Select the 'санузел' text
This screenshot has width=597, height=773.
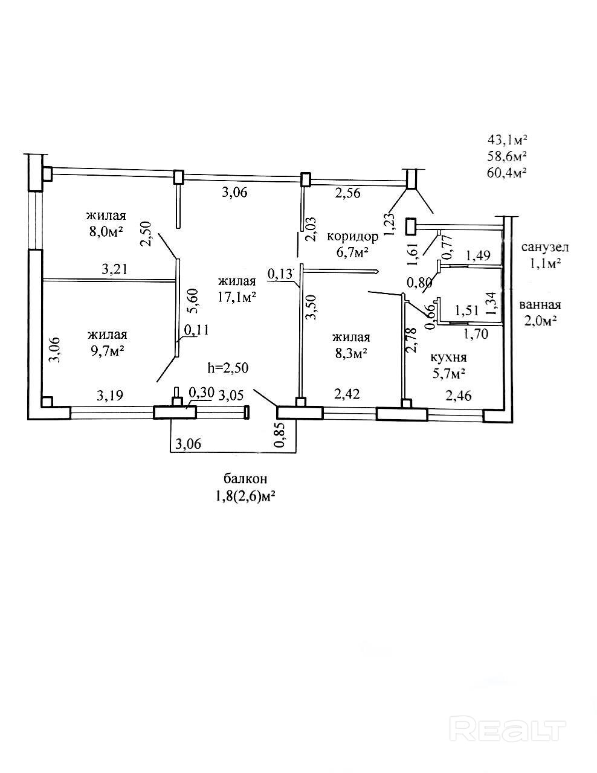pos(545,247)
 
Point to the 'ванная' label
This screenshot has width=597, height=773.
pos(540,305)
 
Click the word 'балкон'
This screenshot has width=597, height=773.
pos(245,479)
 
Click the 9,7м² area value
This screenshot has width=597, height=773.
pos(106,351)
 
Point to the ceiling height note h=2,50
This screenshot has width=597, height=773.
pos(227,367)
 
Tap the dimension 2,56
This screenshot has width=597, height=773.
pos(348,193)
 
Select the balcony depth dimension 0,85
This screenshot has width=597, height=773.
pos(279,435)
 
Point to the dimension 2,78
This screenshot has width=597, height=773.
pos(413,339)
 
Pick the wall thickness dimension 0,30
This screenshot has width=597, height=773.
pos(202,393)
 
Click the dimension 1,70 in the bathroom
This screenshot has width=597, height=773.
pos(476,332)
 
